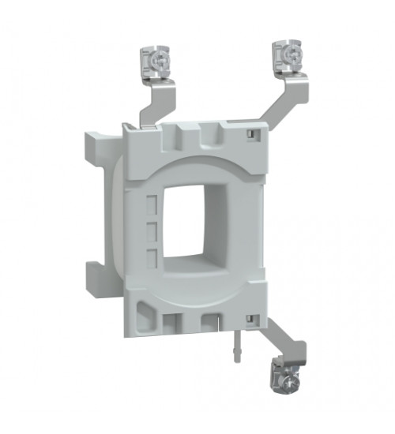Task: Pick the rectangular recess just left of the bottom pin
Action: (x=209, y=323)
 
